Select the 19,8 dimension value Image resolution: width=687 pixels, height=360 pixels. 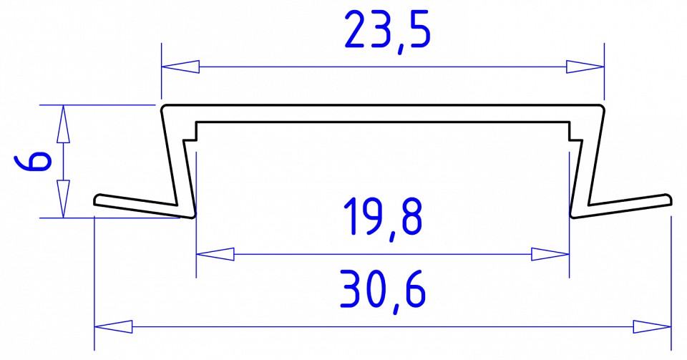click(383, 218)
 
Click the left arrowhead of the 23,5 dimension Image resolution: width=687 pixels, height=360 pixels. click(180, 67)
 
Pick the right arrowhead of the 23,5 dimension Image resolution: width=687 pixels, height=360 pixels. click(585, 67)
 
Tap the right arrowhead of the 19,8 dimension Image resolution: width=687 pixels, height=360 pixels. click(550, 253)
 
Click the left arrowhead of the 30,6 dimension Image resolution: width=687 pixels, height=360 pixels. click(114, 328)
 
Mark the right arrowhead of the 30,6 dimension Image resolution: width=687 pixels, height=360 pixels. click(652, 328)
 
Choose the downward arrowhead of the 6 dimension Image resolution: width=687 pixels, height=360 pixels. click(63, 199)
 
